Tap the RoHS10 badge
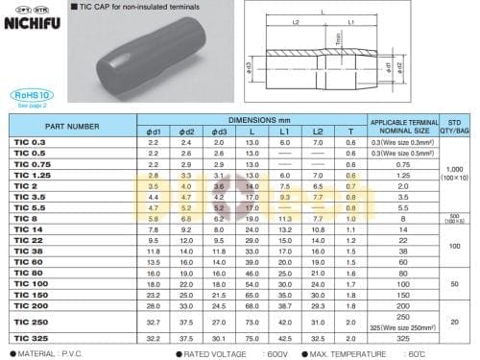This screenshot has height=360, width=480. [x=28, y=95]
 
